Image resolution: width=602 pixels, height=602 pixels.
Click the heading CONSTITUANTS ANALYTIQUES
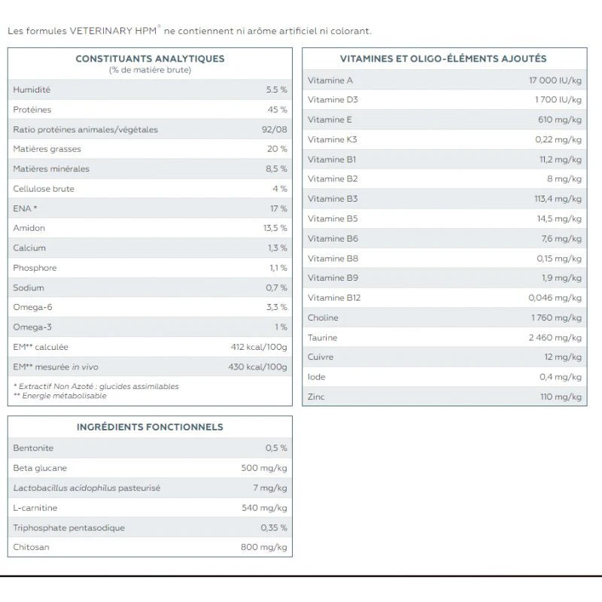point(150,58)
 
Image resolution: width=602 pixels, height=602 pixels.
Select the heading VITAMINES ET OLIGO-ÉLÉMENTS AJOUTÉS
point(443,58)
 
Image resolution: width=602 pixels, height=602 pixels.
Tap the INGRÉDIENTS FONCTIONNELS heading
point(150,427)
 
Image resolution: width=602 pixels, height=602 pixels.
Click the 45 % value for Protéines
point(277,110)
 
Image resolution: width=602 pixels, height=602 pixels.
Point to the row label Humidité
point(32,90)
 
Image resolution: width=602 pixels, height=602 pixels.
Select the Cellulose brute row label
point(44,189)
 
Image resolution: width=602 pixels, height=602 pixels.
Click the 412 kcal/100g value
point(259,347)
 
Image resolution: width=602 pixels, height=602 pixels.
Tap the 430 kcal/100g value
point(257,366)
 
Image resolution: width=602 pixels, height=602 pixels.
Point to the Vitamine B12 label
point(334,298)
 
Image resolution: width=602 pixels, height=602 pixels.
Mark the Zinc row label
point(316,397)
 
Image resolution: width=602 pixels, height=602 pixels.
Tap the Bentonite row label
point(33,448)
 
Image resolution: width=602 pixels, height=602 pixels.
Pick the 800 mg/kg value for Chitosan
point(263,547)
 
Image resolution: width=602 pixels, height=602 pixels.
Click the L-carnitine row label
point(35,508)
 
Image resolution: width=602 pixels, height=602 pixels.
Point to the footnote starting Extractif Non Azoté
point(96,386)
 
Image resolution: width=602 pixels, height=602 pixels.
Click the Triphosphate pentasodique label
point(68,528)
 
